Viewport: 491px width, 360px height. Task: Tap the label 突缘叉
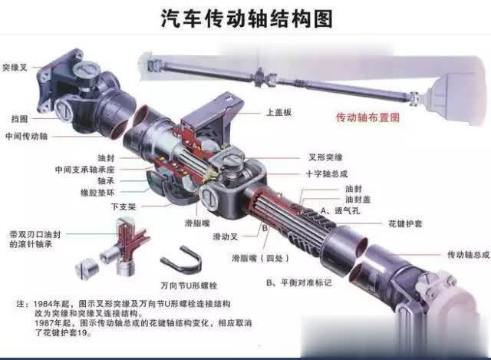(15, 68)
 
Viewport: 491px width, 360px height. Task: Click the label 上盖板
(279, 111)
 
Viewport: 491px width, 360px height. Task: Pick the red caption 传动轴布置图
(369, 118)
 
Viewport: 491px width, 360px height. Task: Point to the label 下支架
(123, 206)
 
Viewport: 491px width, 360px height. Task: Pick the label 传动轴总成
(467, 255)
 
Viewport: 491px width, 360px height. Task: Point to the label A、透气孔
(342, 210)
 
